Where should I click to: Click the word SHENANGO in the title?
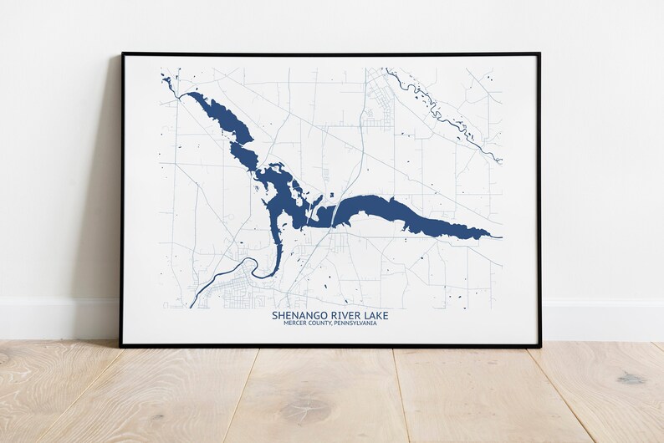point(295,315)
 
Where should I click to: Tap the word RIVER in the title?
point(340,315)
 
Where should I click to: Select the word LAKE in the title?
point(374,315)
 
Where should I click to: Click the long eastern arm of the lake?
point(393,210)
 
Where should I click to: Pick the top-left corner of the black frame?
point(122,54)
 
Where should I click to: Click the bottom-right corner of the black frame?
point(540,345)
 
